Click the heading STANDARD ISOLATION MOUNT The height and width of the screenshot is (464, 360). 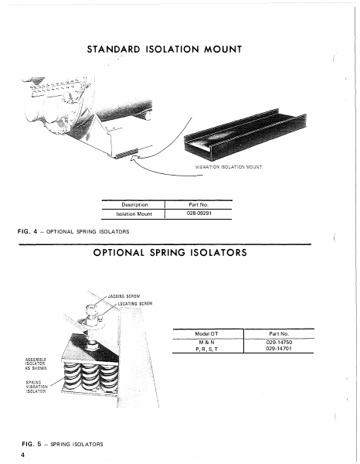[167, 49]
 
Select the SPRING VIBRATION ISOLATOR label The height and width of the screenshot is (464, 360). [36, 387]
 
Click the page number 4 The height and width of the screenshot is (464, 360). [24, 455]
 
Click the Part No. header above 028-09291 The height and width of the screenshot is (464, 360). [199, 204]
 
